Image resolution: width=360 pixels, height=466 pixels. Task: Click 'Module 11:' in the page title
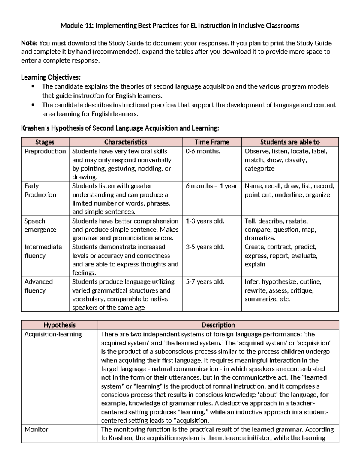[x=77, y=26]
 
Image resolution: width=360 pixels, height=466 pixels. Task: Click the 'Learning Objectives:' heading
[x=51, y=77]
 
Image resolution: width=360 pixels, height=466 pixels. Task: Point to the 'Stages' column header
[x=45, y=142]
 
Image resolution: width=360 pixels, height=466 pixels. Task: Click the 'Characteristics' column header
[x=126, y=142]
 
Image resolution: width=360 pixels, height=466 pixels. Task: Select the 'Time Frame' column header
[x=212, y=142]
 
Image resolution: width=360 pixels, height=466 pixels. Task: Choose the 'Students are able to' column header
[x=290, y=142]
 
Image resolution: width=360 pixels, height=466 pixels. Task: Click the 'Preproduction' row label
[x=45, y=151]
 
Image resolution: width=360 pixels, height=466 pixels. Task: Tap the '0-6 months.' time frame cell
[x=203, y=151]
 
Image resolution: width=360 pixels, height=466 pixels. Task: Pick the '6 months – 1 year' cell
[x=211, y=186]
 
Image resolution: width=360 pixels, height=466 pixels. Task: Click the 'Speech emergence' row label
[x=40, y=225]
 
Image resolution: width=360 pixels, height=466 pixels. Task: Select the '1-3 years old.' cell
[x=205, y=221]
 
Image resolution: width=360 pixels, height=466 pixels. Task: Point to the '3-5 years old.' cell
[x=205, y=247]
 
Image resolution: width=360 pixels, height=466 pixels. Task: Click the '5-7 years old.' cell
[x=205, y=282]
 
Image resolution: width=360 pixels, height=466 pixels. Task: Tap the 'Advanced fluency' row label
[x=38, y=286]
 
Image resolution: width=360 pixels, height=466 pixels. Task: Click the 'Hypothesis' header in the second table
[x=59, y=325]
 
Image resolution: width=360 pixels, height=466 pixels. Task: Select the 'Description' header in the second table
[x=218, y=325]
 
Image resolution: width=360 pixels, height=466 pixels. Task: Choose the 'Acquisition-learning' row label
[x=53, y=334]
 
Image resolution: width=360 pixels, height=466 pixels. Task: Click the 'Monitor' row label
[x=36, y=429]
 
